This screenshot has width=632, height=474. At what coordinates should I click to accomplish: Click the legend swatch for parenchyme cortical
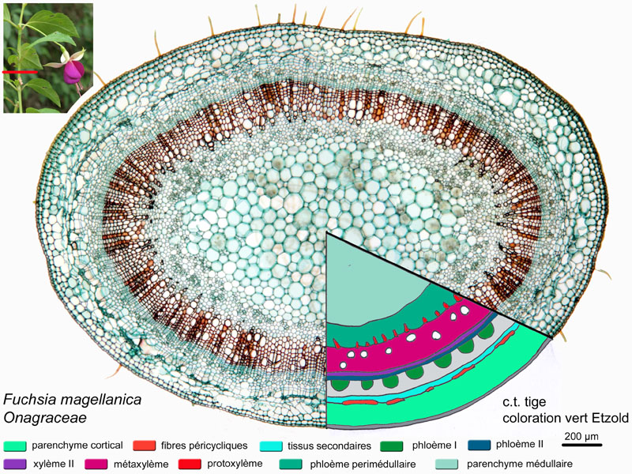pos(15,446)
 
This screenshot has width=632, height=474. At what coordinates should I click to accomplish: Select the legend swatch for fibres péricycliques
pos(144,446)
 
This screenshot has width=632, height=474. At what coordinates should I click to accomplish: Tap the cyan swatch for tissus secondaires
pos(271,446)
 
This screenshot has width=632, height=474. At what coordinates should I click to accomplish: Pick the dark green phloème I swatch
pos(391,446)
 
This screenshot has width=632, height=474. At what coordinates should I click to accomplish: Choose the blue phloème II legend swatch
pos(480,445)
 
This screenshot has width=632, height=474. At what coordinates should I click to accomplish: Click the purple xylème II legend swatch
pos(15,464)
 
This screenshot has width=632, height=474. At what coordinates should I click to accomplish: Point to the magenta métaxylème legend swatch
pos(96,464)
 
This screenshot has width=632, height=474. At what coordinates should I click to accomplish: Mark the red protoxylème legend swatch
pos(190,464)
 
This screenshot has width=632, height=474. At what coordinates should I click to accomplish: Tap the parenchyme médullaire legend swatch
pos(446,464)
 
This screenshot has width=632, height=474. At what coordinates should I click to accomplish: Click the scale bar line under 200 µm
pos(582,445)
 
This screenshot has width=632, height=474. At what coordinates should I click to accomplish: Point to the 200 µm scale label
pos(581,437)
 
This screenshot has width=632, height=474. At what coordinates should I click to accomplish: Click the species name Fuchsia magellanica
pos(72,400)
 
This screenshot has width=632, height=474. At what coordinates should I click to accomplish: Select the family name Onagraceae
pos(45,418)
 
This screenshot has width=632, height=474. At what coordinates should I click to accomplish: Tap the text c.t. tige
pos(524,402)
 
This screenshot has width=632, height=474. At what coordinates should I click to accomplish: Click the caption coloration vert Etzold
pos(566,418)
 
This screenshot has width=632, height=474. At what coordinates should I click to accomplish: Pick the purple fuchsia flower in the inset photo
pos(73,71)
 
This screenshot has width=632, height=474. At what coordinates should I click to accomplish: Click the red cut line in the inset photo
pos(20,72)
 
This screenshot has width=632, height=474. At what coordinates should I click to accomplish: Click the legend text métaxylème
pos(141,465)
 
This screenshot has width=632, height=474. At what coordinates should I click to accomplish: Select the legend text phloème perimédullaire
pos(363,465)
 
